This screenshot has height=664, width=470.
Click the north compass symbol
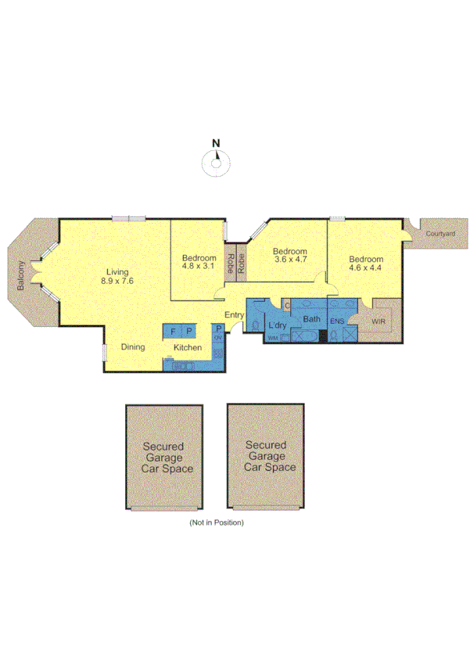point(217,163)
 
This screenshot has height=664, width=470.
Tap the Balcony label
point(22,276)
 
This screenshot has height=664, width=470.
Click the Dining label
point(132,347)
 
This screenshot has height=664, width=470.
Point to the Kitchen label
point(188,347)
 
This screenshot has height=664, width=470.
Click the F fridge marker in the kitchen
point(173,332)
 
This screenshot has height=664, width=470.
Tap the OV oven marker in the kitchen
point(218,338)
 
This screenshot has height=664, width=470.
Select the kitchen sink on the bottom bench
point(184,364)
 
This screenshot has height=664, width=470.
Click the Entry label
point(234,315)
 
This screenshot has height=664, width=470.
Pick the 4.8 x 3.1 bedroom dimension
point(198,266)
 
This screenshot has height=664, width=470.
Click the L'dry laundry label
point(277,325)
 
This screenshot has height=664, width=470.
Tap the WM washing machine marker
point(273,338)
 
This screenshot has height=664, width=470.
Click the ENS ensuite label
point(336,321)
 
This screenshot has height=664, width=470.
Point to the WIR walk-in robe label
point(379,321)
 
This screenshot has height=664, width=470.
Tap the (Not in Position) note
point(217,522)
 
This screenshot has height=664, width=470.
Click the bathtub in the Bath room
point(303,336)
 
